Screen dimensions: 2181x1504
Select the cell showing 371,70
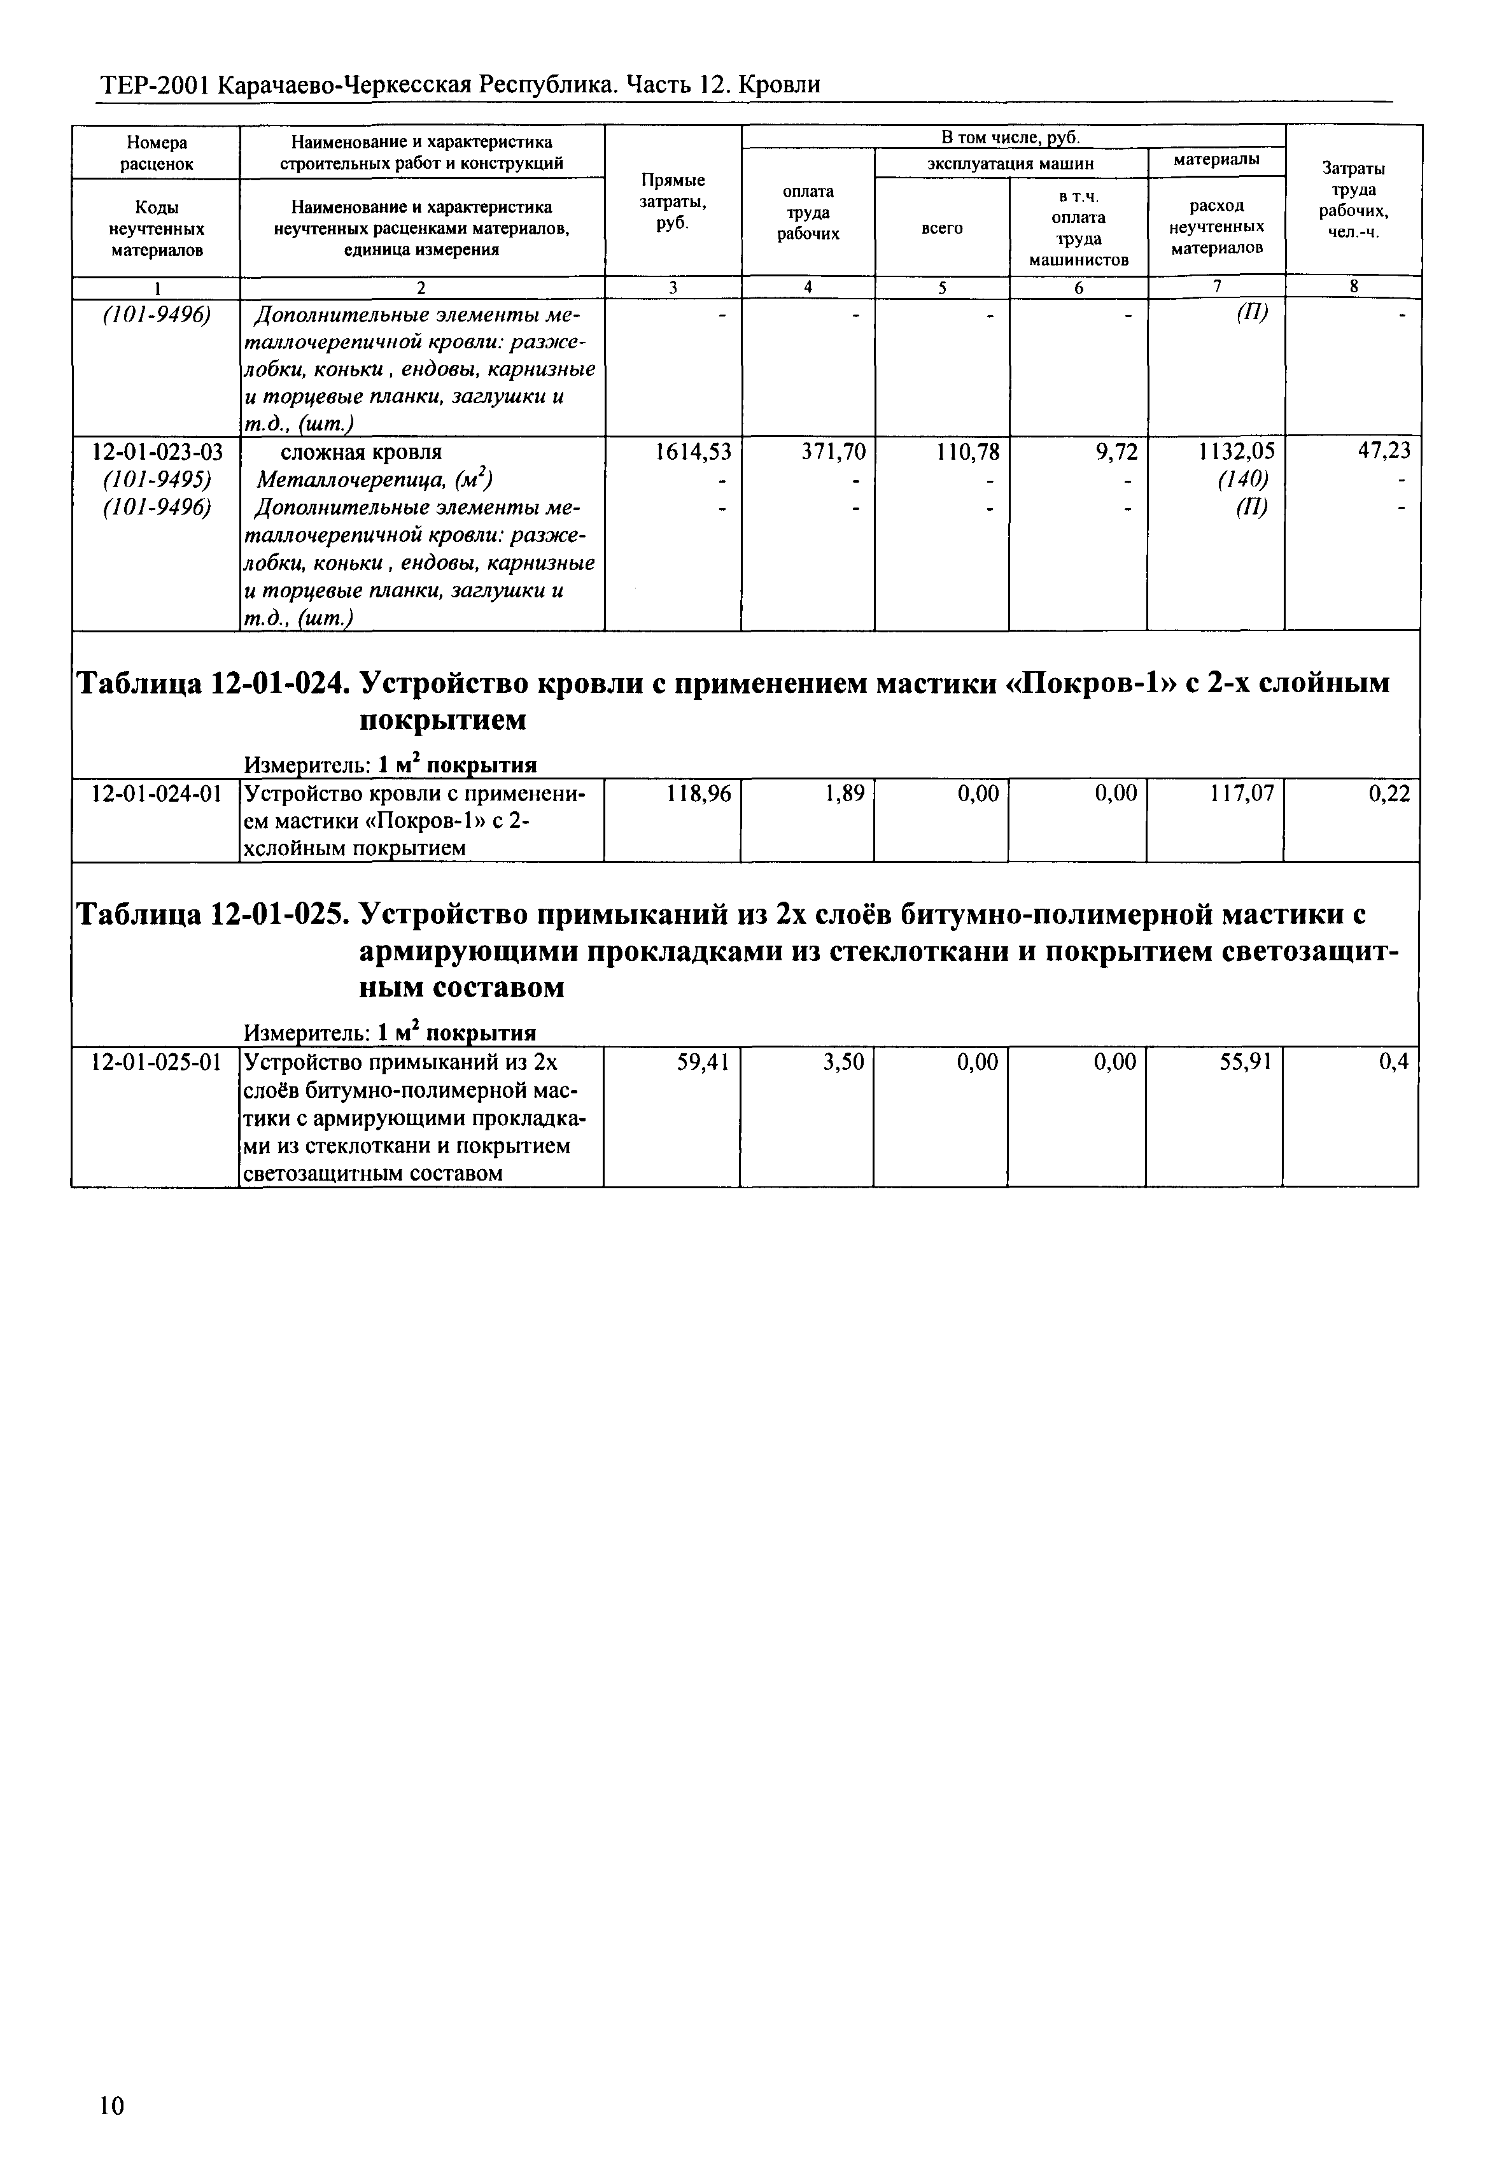833,452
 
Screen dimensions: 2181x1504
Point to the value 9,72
1118,452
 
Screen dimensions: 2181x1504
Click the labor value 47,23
1383,452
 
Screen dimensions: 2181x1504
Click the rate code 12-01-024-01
157,795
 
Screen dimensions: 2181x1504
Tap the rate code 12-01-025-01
157,1063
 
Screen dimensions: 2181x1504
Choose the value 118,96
698,795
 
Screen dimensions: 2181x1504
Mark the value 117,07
1242,795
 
